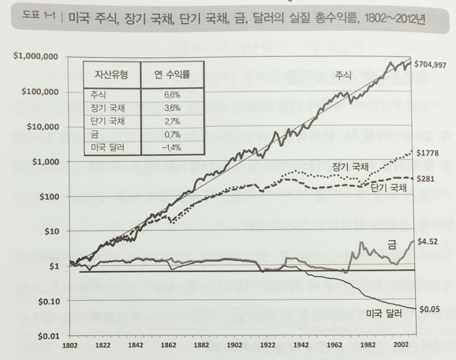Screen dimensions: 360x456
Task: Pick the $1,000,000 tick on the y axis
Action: (39, 57)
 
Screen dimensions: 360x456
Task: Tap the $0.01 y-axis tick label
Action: (48, 335)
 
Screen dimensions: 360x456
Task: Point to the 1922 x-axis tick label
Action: (267, 346)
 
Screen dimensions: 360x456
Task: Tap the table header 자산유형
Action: (112, 74)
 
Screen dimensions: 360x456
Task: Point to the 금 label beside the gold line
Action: (392, 244)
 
